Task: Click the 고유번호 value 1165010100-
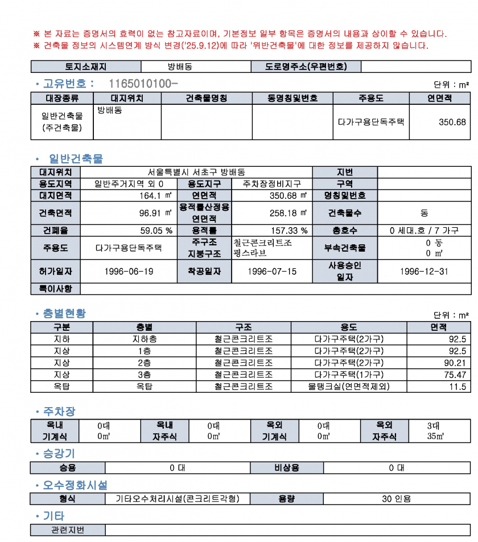point(143,84)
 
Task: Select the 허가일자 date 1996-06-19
point(129,271)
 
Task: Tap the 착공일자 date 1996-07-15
point(272,271)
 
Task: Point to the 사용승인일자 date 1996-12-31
point(424,271)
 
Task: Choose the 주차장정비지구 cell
point(271,184)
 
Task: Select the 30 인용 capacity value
point(396,499)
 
